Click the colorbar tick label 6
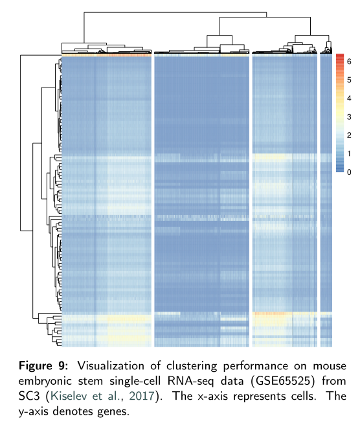pyautogui.click(x=349, y=62)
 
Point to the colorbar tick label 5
pyautogui.click(x=349, y=80)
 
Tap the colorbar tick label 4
pyautogui.click(x=349, y=98)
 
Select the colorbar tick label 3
pyautogui.click(x=349, y=117)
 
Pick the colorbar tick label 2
pyautogui.click(x=349, y=135)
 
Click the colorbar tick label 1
pyautogui.click(x=349, y=154)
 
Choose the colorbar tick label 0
pyautogui.click(x=349, y=172)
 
